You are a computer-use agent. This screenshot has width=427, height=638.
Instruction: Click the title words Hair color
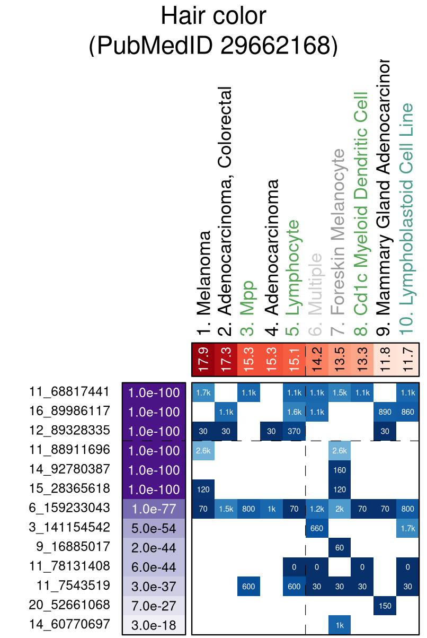tap(213, 17)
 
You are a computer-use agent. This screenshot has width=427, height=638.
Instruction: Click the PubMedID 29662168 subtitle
tap(213, 46)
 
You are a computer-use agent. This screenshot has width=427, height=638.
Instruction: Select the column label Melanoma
tap(203, 283)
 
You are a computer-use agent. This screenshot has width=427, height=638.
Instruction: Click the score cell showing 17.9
tap(203, 359)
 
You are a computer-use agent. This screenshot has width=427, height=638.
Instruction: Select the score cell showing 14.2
tap(317, 359)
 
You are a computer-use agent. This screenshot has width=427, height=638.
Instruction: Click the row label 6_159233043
tap(70, 508)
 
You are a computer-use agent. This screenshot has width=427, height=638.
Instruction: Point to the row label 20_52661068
tap(70, 605)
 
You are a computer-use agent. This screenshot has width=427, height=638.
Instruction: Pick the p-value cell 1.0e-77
tap(154, 508)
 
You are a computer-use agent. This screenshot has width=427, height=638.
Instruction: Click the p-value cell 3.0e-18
tap(154, 625)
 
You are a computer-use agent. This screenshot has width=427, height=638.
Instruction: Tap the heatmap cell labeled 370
tap(295, 431)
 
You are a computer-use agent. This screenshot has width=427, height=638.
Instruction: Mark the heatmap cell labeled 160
tap(340, 469)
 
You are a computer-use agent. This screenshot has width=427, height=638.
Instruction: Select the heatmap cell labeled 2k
tap(340, 508)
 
